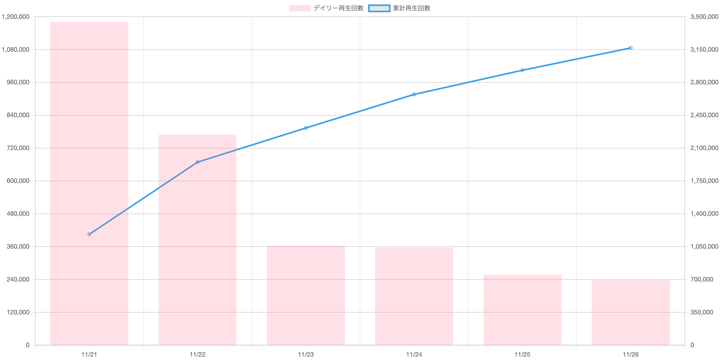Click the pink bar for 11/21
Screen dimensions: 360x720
coord(89,183)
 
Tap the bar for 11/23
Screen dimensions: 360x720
coord(306,295)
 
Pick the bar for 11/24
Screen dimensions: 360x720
coord(414,296)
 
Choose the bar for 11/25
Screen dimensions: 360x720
coord(522,310)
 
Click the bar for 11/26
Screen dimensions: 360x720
coord(631,312)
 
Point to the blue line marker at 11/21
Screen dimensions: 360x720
coord(89,234)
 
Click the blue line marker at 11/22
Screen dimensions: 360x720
coord(198,162)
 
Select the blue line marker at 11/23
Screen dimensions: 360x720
coord(306,128)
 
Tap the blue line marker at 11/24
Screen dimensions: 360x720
coord(414,94)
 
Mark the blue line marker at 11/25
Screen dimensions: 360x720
coord(522,70)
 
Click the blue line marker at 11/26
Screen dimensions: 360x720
coord(631,48)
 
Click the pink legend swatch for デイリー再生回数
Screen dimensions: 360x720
coord(300,8)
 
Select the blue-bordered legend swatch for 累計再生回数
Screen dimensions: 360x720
coord(379,8)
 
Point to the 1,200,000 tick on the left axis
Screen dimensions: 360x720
coord(16,17)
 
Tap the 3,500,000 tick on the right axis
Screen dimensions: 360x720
coord(704,17)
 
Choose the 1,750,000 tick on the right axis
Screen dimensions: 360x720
coord(704,181)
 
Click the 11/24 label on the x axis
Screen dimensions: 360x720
coord(414,355)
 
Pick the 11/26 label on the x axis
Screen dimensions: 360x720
coord(631,355)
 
